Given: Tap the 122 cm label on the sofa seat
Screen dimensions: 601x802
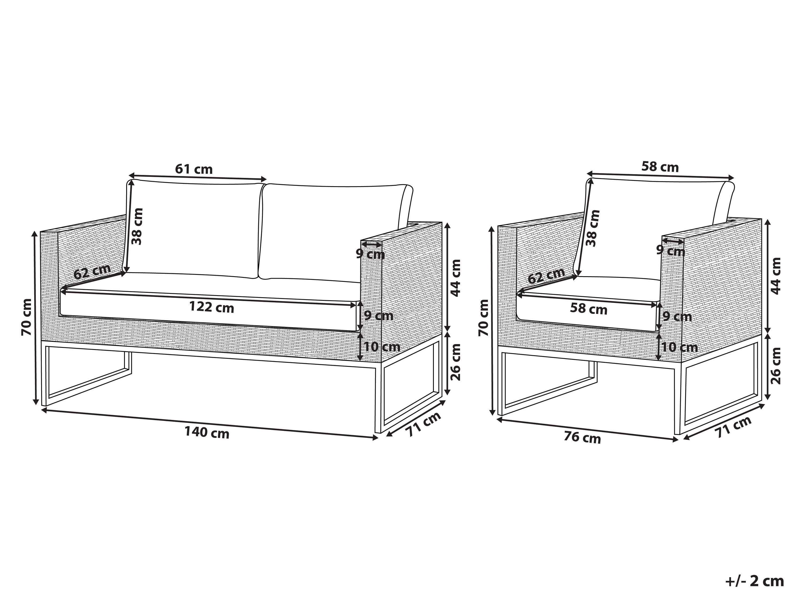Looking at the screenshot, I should [x=212, y=307].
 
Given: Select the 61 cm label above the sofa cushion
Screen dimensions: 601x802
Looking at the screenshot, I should [x=194, y=169].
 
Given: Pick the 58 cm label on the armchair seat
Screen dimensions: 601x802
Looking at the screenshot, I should [x=588, y=309].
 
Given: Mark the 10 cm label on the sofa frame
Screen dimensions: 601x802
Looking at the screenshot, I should [x=382, y=347].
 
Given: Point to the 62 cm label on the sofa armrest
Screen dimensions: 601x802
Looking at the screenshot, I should [x=92, y=271].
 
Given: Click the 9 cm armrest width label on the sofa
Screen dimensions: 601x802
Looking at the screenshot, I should [x=370, y=254].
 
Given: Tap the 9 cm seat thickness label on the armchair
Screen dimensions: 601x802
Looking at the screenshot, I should [x=677, y=317].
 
